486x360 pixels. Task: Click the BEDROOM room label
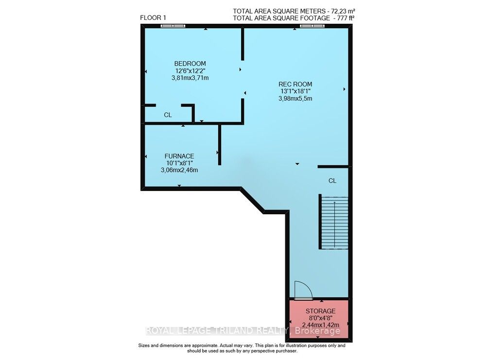[190, 64]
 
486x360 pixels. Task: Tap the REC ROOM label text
[295, 84]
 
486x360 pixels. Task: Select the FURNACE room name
[179, 156]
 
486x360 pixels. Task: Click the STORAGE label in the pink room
[320, 311]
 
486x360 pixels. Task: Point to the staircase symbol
[334, 222]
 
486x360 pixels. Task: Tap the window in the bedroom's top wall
[173, 26]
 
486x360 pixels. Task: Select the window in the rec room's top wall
[312, 26]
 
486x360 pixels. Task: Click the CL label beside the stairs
[332, 181]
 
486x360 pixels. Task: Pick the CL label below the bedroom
[168, 115]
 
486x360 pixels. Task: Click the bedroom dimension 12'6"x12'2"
[190, 71]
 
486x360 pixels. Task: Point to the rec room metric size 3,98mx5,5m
[295, 98]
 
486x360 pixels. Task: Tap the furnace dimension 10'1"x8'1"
[179, 163]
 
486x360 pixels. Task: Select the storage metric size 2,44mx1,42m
[320, 325]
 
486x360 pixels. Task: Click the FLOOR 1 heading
[153, 18]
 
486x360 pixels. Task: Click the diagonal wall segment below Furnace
[253, 200]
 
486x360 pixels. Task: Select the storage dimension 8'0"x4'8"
[320, 318]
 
